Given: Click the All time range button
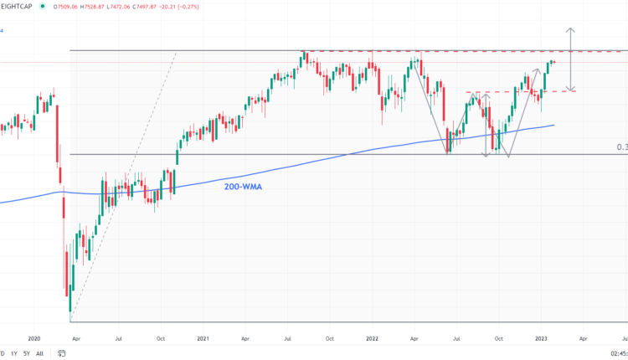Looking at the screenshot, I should [x=39, y=353].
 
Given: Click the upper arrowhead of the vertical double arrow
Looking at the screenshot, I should [x=571, y=30].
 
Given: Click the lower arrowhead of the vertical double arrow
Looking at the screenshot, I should [x=571, y=90].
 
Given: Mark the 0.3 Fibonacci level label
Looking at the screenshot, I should [x=621, y=147].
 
